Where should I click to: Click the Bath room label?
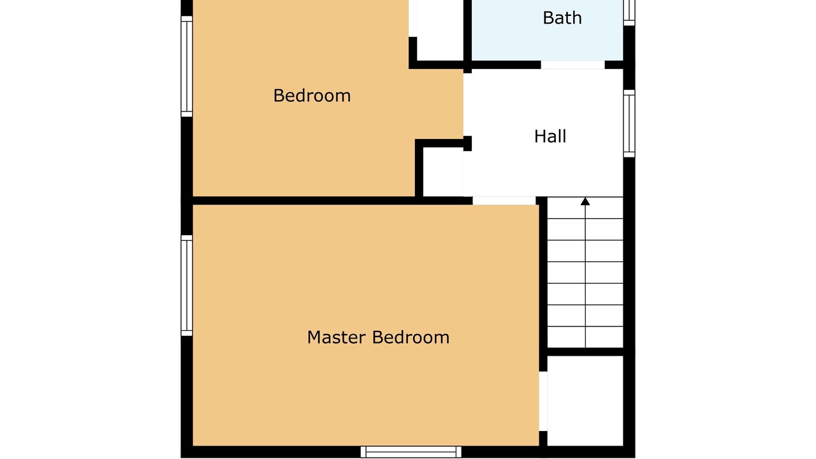[562, 18]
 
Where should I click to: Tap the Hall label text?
[550, 136]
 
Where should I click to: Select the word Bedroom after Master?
[411, 337]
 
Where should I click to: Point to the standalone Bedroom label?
[312, 96]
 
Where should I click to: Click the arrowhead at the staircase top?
[585, 201]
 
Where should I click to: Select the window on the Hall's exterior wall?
[629, 124]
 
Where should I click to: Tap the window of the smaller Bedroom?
[187, 66]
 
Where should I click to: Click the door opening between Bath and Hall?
[572, 65]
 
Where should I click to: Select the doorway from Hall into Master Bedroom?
[504, 200]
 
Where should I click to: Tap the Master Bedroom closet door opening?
[543, 401]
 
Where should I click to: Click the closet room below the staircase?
[585, 401]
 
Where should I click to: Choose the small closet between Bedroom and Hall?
[443, 171]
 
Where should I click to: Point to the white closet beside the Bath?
[440, 30]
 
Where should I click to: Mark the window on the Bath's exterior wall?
[629, 13]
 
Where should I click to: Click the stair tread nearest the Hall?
[585, 208]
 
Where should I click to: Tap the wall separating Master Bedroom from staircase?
[543, 284]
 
